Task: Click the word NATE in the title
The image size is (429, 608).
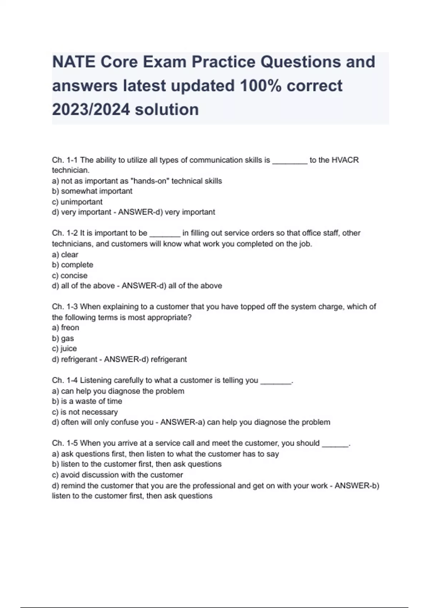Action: tap(74, 62)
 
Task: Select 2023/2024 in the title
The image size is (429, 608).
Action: tap(91, 109)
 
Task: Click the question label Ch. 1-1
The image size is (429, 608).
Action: tap(65, 160)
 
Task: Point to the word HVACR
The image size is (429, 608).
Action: tap(345, 160)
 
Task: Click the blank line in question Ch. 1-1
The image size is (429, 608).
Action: tap(290, 161)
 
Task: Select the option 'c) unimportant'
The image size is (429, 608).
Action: tap(77, 202)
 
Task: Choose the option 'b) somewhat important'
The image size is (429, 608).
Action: tap(92, 191)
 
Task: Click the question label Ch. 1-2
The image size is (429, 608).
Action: tap(65, 233)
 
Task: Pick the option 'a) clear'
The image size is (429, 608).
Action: tap(65, 255)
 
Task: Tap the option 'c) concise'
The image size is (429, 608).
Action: tap(70, 275)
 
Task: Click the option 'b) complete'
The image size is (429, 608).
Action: tap(73, 265)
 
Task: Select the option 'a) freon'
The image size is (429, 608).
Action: tap(65, 328)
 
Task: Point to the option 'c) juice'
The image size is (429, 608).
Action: tap(64, 349)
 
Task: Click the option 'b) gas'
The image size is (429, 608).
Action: tap(63, 338)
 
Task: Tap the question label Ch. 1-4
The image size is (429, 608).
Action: tap(65, 381)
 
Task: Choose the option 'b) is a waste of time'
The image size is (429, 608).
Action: tap(87, 401)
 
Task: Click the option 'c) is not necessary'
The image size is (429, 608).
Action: tap(85, 412)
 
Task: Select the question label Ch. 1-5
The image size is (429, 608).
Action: tap(65, 443)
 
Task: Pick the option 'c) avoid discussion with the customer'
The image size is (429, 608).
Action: tap(117, 475)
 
